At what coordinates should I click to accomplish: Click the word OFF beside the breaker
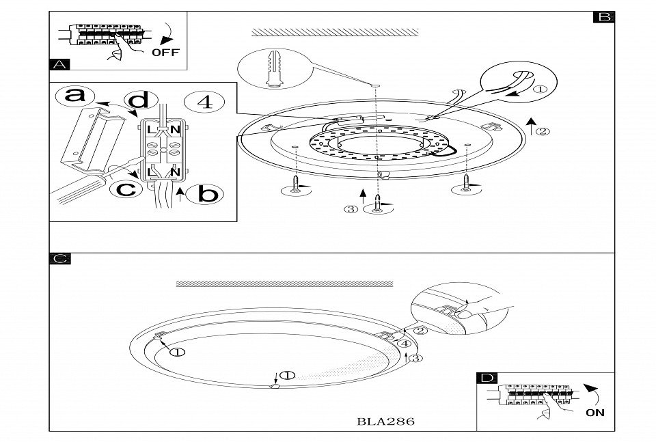point(165,53)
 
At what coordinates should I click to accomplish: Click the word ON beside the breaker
point(594,413)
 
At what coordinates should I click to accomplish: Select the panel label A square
point(60,65)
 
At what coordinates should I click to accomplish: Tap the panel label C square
point(60,259)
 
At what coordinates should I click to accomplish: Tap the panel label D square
point(488,378)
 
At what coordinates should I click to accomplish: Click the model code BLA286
point(385,421)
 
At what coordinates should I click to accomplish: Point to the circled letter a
point(75,96)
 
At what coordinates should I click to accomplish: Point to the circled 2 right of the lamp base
point(542,131)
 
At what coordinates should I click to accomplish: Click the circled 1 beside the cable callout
point(541,88)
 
